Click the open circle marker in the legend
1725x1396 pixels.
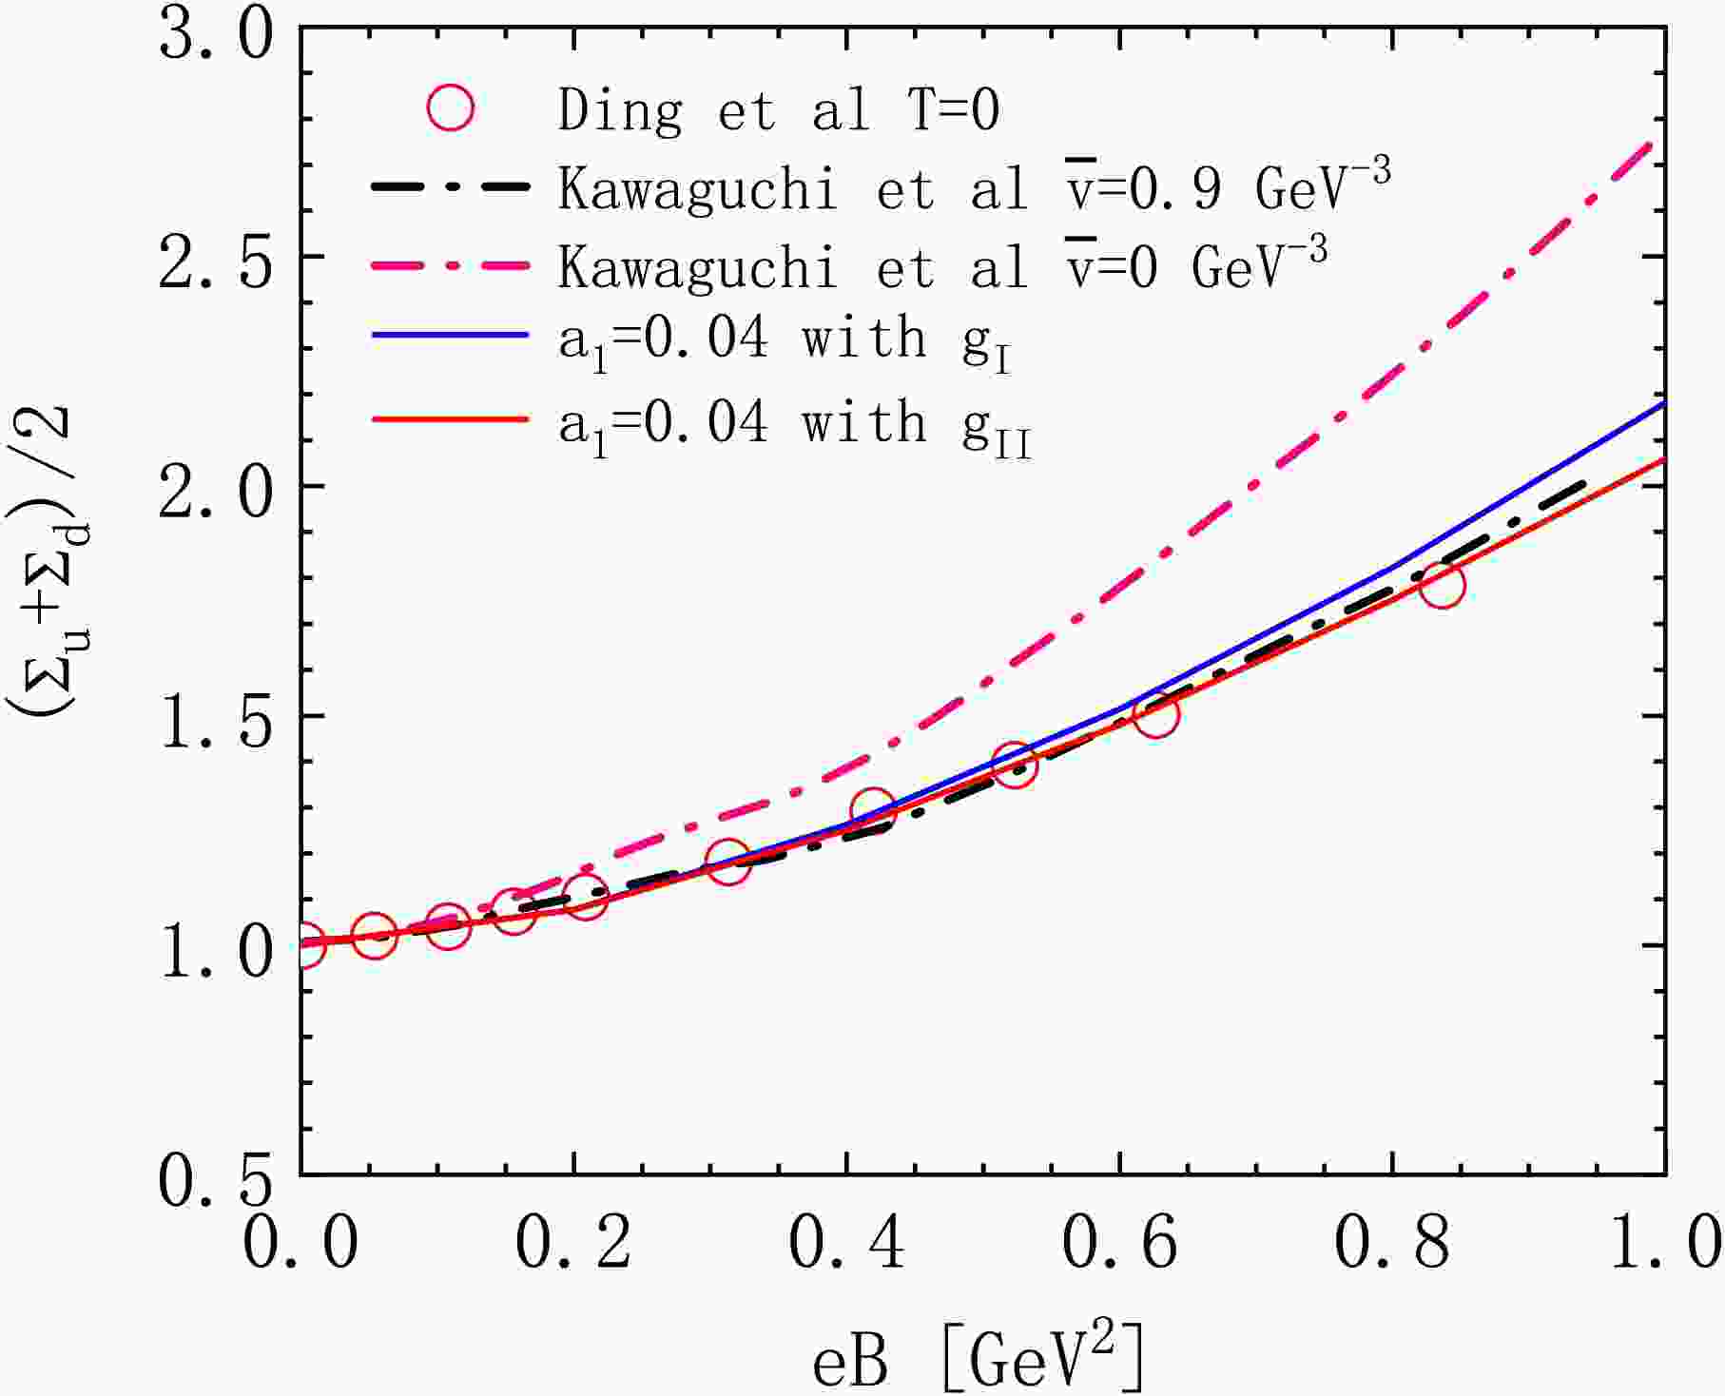tap(450, 107)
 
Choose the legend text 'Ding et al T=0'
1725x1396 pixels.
tap(778, 109)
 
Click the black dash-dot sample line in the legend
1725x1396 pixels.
tap(449, 187)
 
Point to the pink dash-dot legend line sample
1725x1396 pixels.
tap(449, 267)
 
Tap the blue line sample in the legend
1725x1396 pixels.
tap(449, 336)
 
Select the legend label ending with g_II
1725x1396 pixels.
tap(794, 424)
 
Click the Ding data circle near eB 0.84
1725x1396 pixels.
tap(1442, 584)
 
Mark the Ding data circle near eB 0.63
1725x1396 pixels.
tap(1156, 714)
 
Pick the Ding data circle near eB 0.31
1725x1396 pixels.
tap(728, 862)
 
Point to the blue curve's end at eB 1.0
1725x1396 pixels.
tap(1662, 404)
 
